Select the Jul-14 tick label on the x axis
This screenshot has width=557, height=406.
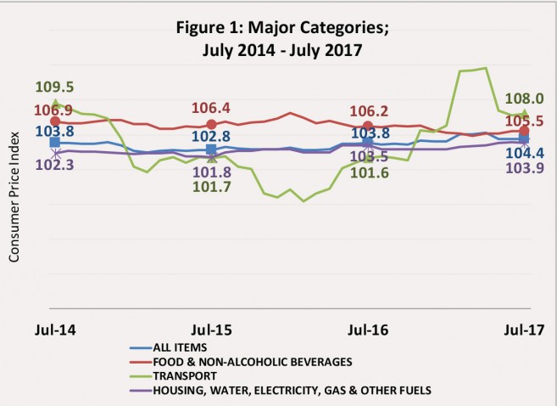point(55,329)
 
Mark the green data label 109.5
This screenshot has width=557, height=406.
point(55,87)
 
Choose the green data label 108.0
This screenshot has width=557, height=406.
point(524,99)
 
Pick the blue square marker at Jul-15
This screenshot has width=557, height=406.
point(211,149)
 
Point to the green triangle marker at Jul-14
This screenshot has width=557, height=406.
point(55,104)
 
